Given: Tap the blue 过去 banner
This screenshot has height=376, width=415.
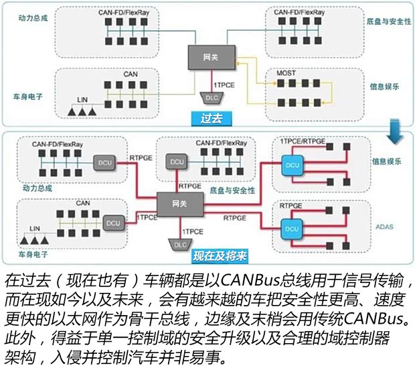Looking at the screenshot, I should pos(212,117).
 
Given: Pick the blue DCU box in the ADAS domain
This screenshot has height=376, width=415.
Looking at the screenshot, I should pos(290,229).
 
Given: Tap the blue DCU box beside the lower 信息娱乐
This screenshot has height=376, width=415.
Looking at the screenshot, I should pos(291,164).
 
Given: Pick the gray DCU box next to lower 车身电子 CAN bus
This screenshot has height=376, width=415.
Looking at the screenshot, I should pos(113,223).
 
